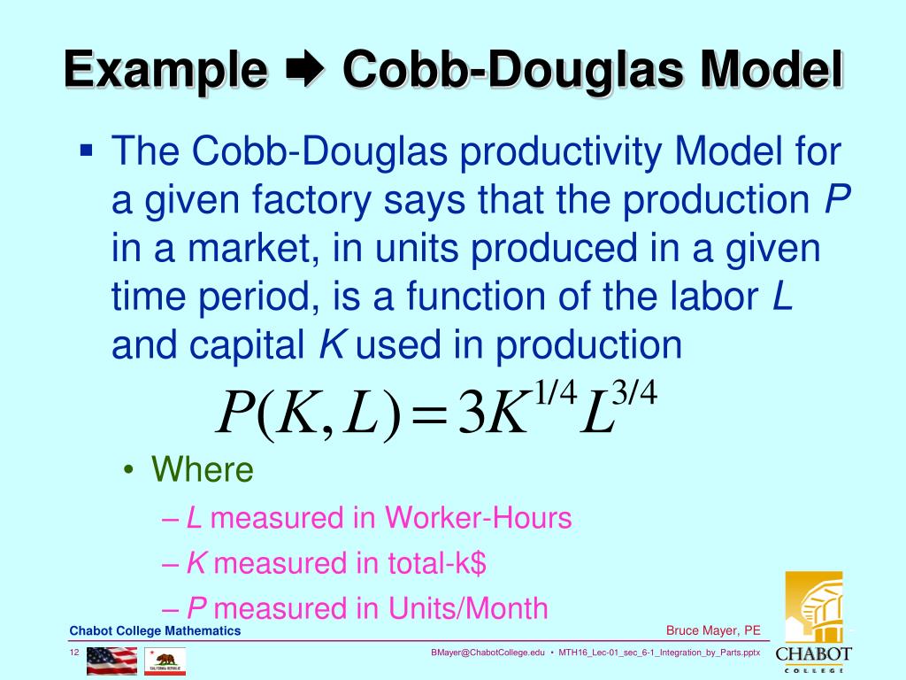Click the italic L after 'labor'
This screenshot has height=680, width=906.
782,298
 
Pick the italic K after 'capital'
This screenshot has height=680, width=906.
331,346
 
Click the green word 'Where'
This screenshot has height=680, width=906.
203,469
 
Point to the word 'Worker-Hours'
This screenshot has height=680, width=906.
479,518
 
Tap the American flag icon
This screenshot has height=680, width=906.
111,661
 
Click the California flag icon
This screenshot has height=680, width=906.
165,661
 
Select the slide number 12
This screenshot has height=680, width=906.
74,653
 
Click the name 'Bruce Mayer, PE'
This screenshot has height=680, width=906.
713,630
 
